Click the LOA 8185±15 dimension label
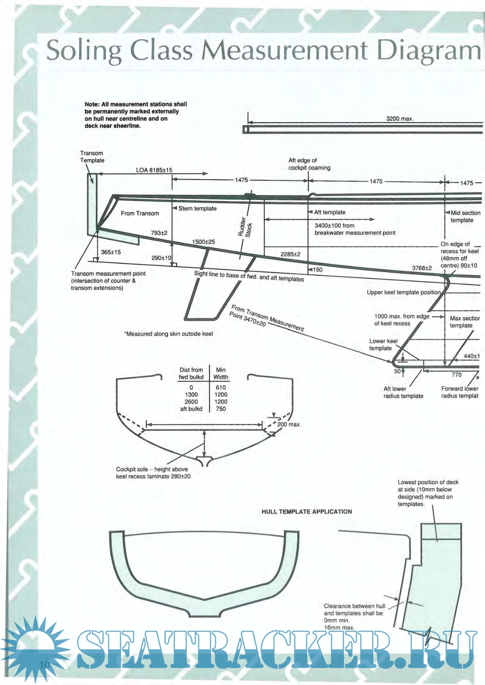coord(154,170)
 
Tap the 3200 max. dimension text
coord(399,119)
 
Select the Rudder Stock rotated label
coord(245,227)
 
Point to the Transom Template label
coord(92,157)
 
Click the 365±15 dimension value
coord(110,252)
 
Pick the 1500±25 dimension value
coord(203,242)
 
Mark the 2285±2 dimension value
coord(290,254)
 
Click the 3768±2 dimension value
coord(422,268)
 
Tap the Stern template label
coord(197,208)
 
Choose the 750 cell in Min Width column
coord(220,409)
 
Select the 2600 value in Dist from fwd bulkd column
coord(191,402)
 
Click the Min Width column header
coord(220,373)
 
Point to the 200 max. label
coord(288,424)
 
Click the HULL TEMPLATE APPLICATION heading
coord(307,511)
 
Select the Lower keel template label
coord(383,344)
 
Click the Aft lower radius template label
coord(403,392)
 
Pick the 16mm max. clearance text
coord(339,628)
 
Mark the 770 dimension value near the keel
coord(456,374)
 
